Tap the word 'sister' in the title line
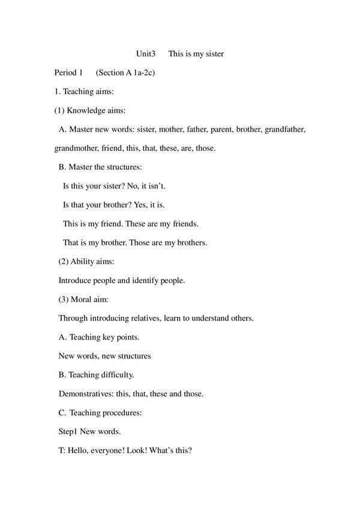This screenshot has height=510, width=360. tap(212, 54)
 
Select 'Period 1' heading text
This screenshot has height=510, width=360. tap(68, 73)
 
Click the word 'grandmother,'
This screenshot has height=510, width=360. tap(79, 148)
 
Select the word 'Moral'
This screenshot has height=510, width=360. tap(83, 299)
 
